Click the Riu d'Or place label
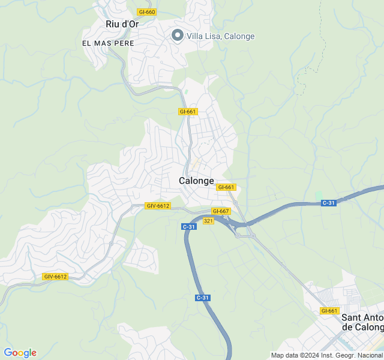point(122,24)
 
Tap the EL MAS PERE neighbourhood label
point(109,44)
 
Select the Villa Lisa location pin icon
point(177,35)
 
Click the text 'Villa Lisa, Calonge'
point(220,36)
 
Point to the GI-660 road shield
point(146,12)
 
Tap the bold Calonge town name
point(196,181)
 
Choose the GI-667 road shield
point(221,211)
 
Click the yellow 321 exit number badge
point(208,221)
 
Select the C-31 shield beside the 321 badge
point(189,226)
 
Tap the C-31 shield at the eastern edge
point(328,203)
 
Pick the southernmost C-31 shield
point(203,298)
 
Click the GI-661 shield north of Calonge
point(188,112)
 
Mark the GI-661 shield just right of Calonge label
point(226,187)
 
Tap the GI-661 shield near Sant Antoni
point(329,311)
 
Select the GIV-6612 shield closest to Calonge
point(158,206)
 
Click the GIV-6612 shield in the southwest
point(55,277)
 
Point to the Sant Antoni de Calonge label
point(362,322)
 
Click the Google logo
point(20,353)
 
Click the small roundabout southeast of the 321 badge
point(238,236)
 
